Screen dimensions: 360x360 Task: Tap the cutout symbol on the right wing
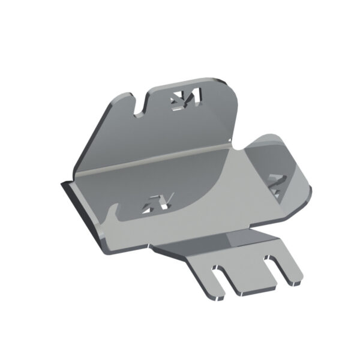click(x=277, y=184)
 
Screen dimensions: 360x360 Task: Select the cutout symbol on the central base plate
click(x=157, y=204)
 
